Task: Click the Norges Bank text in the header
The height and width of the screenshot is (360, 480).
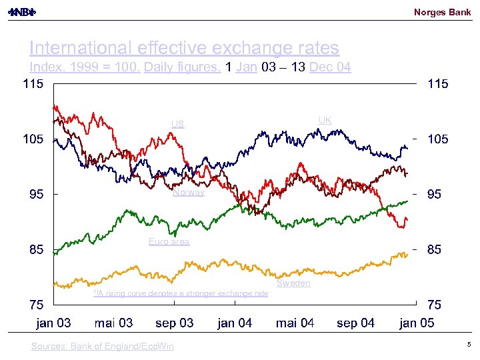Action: tap(442, 12)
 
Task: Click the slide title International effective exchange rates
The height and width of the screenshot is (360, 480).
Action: tap(184, 48)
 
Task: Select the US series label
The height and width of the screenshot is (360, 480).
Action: tap(177, 123)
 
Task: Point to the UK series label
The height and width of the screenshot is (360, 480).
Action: tap(325, 120)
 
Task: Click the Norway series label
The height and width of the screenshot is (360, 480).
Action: tap(189, 193)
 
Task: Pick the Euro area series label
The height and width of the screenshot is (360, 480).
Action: tap(169, 241)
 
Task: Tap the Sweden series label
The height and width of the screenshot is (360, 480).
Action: tap(293, 283)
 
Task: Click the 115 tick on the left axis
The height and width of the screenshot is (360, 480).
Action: tap(33, 84)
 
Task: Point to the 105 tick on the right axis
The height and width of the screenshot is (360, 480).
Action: tap(438, 139)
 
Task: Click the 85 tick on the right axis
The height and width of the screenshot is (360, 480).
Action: tap(434, 250)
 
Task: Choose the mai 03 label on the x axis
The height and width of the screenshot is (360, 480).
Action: tap(113, 323)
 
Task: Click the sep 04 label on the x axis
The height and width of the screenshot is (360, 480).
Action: tap(355, 323)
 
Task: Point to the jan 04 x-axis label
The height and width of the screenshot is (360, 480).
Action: tap(235, 323)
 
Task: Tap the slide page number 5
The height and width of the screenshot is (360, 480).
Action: tap(469, 345)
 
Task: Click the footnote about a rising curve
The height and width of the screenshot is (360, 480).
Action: tap(180, 293)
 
